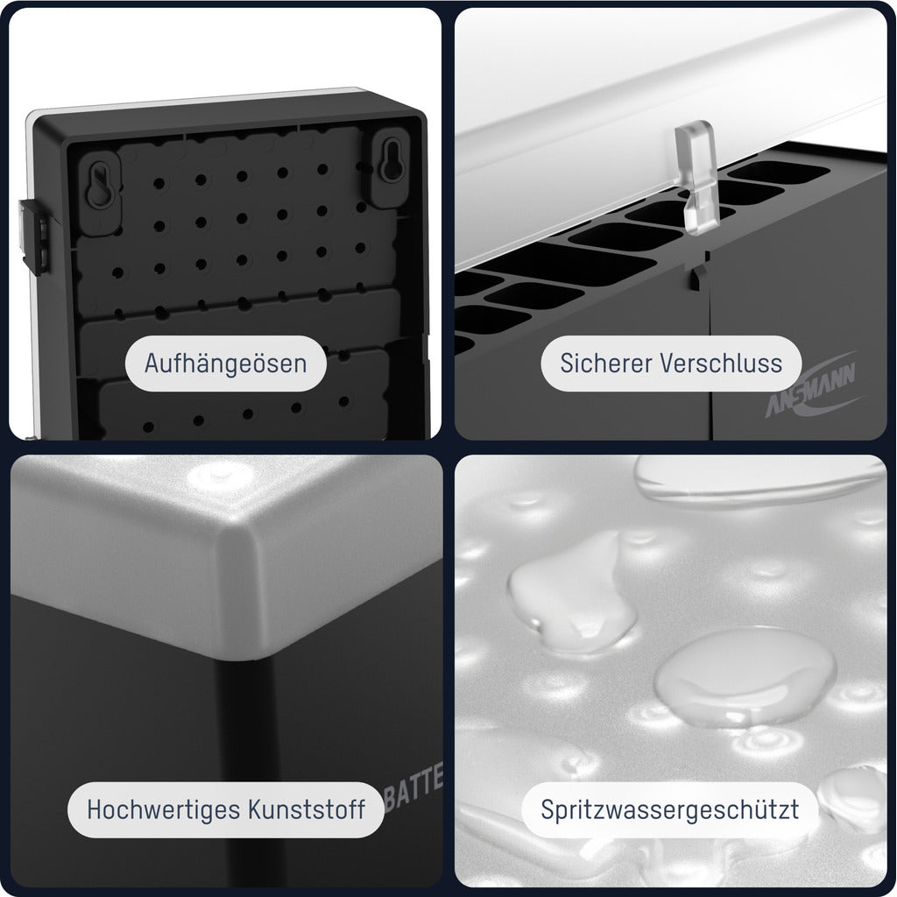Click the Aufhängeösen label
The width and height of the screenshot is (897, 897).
click(x=225, y=363)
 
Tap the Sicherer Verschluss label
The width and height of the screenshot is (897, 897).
click(x=671, y=363)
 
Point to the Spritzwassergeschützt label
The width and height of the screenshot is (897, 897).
click(x=670, y=809)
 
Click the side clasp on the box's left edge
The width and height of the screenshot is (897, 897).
click(x=32, y=232)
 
